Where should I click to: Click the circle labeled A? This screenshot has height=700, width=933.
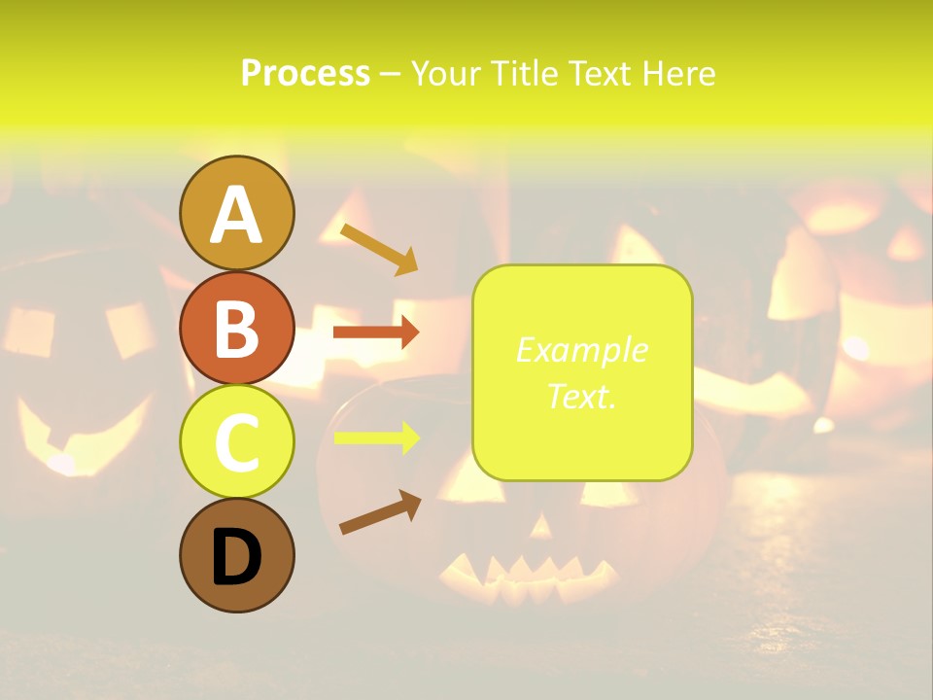point(236,213)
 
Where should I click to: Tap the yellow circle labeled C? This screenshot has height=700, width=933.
point(236,440)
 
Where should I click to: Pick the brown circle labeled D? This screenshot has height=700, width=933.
point(236,555)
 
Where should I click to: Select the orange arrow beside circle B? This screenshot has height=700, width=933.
point(376,332)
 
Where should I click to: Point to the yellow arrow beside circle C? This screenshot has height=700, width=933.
point(376,438)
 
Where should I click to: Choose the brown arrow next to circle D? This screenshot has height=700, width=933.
point(380,512)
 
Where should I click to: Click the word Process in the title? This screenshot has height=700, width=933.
point(305,74)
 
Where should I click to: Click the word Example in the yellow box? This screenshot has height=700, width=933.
point(581,350)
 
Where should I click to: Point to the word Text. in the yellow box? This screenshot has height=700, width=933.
point(581,396)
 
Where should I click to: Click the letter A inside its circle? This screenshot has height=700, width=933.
point(236,215)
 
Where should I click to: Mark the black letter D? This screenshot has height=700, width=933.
point(236,557)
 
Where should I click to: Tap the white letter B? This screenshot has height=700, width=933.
point(236,329)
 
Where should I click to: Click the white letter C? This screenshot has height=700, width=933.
point(236,442)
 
